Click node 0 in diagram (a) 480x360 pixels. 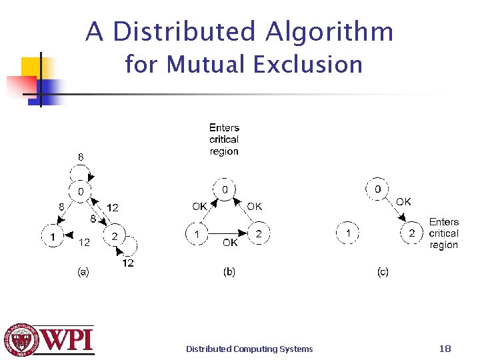click(x=80, y=192)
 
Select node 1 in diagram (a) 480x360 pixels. click(x=51, y=235)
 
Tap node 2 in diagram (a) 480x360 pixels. click(x=114, y=235)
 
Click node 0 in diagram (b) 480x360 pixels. click(x=225, y=191)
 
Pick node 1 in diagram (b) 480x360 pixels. click(x=197, y=234)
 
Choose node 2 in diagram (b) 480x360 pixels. click(x=259, y=234)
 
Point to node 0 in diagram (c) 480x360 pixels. click(x=377, y=189)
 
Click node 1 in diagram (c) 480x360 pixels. click(x=348, y=233)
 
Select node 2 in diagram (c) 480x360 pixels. click(x=412, y=233)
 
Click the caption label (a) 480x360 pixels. click(x=83, y=271)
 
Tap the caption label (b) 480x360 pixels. click(x=229, y=271)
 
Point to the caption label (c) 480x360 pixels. click(x=382, y=271)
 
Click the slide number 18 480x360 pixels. click(x=445, y=348)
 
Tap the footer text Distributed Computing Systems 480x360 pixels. click(x=249, y=349)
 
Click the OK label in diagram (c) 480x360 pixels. click(x=403, y=201)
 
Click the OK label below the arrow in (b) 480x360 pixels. click(x=230, y=243)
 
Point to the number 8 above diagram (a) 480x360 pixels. click(x=81, y=157)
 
